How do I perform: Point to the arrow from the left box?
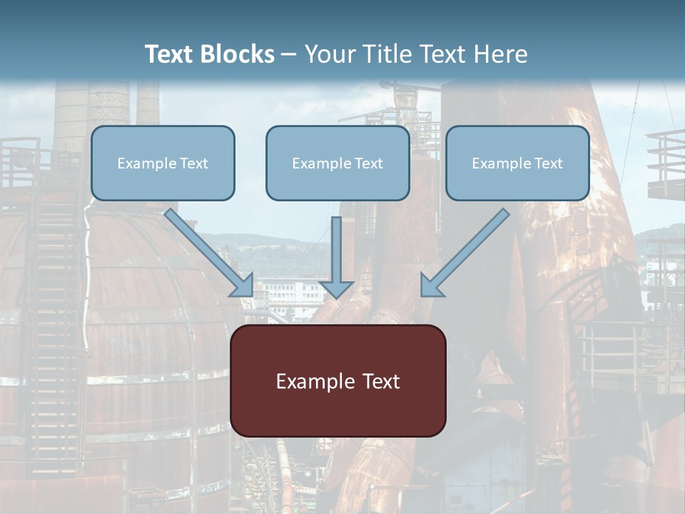coord(207,250)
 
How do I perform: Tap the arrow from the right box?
coord(467,250)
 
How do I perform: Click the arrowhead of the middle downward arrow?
coord(336,288)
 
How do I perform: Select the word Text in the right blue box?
coord(549,163)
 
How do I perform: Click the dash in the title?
coord(289,55)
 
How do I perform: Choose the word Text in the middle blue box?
coord(369,163)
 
